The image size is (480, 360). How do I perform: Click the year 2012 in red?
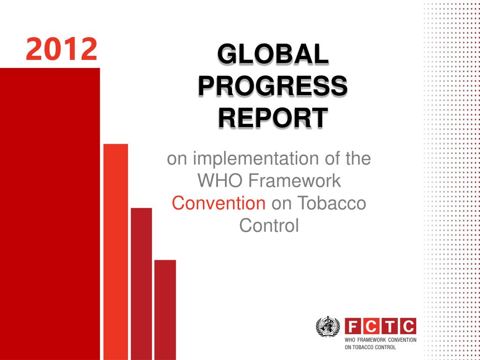(61, 49)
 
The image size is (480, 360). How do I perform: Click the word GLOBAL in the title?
(273, 54)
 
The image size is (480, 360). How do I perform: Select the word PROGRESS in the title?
(273, 86)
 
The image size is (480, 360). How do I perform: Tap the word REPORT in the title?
(273, 118)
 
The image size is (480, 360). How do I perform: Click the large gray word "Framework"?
(295, 181)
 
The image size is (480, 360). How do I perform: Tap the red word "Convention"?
(218, 203)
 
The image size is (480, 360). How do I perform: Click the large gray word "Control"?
(269, 226)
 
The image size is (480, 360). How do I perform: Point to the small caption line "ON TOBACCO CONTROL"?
(370, 347)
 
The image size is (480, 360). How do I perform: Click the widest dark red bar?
(50, 214)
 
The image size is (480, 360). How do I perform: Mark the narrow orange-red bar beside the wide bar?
(116, 252)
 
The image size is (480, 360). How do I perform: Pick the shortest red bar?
(165, 310)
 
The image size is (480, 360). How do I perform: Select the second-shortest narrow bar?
(142, 284)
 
